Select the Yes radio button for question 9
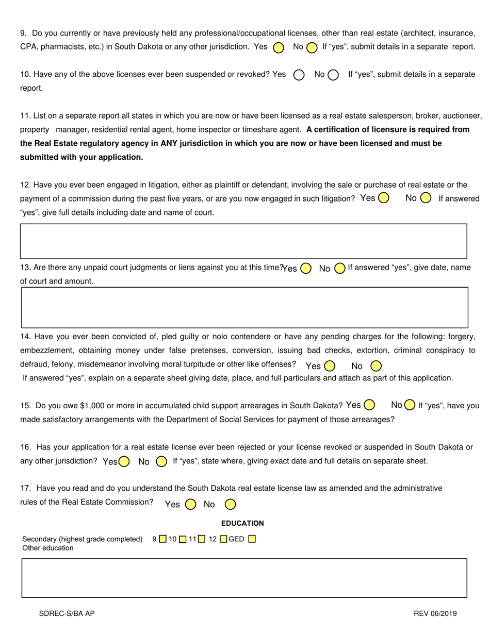(279, 47)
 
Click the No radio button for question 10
(333, 75)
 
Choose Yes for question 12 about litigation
(383, 198)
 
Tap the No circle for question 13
(339, 268)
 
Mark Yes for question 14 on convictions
(330, 366)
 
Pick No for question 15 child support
(410, 405)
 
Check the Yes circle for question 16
(124, 461)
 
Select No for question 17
(231, 504)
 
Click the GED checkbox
(252, 539)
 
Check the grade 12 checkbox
(223, 539)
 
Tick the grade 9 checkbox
(162, 539)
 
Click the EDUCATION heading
(242, 523)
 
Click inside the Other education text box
(244, 578)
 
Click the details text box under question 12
(243, 241)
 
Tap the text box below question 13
(244, 307)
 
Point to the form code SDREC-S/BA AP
(67, 613)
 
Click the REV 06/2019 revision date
(435, 613)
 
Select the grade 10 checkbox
(183, 539)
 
